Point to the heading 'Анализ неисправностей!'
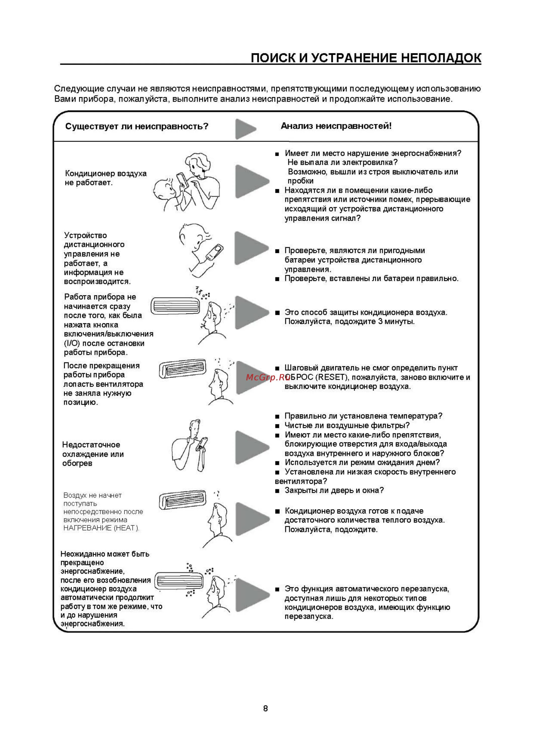coord(336,126)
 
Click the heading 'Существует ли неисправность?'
coord(137,126)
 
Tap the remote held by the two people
coord(181,180)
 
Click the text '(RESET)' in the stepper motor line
coord(332,377)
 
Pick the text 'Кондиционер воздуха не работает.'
coord(105,178)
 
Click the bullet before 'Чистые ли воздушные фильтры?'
coord(277,426)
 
